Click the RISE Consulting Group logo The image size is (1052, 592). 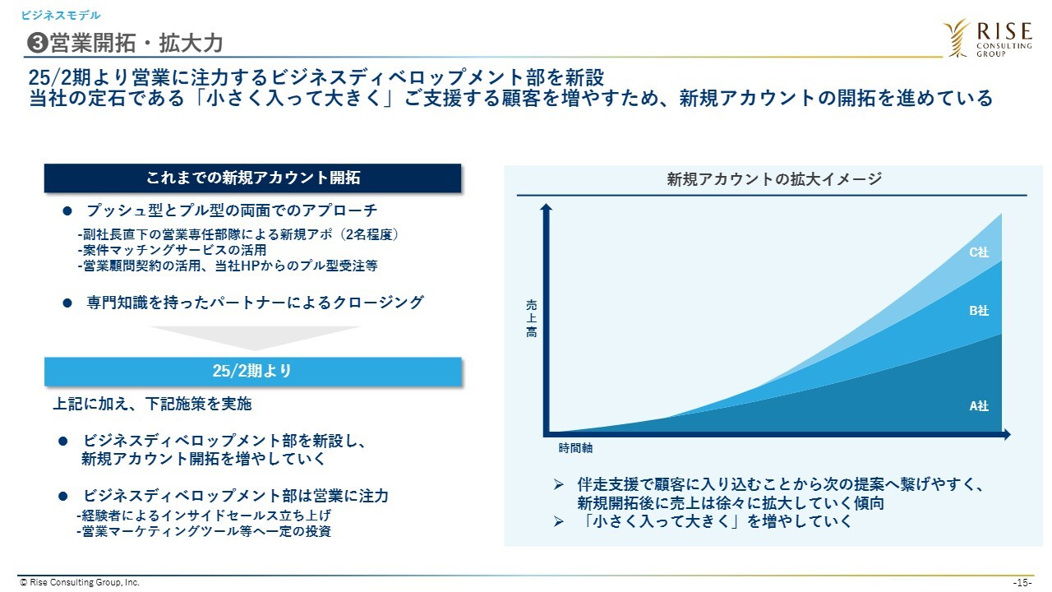coord(988,39)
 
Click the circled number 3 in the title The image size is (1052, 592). coord(38,44)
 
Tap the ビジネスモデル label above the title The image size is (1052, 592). coord(61,16)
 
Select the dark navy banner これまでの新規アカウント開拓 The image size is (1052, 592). coord(252,178)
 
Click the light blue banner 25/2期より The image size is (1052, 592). coord(252,372)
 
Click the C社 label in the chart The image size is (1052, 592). coord(979,252)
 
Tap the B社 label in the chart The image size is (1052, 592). coord(979,311)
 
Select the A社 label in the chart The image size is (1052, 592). coord(979,406)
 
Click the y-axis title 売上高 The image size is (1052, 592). coord(531,318)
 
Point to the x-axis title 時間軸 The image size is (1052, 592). coord(575,448)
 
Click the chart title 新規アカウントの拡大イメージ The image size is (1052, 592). coord(774,179)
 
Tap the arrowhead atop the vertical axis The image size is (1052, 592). coord(546,207)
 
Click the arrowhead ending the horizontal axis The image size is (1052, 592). coord(1007,435)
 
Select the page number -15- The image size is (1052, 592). coord(1022,583)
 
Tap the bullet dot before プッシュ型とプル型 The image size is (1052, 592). coord(67,211)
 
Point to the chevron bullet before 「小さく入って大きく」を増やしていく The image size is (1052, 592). coord(558,521)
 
